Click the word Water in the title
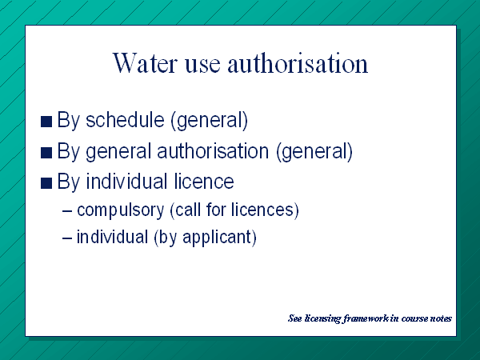coord(145,63)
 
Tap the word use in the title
coord(202,66)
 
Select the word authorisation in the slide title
coord(298,63)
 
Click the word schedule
coord(125,119)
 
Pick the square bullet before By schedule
coord(46,122)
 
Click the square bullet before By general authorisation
coord(46,153)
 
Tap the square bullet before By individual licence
coord(46,183)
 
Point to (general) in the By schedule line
coord(210,120)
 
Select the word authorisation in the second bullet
coord(213,150)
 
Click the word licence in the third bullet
coord(204,181)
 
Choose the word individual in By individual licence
coord(126,181)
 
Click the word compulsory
coord(121,210)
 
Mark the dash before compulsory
coord(67,211)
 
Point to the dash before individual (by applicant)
coord(67,238)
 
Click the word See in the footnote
coord(295,318)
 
